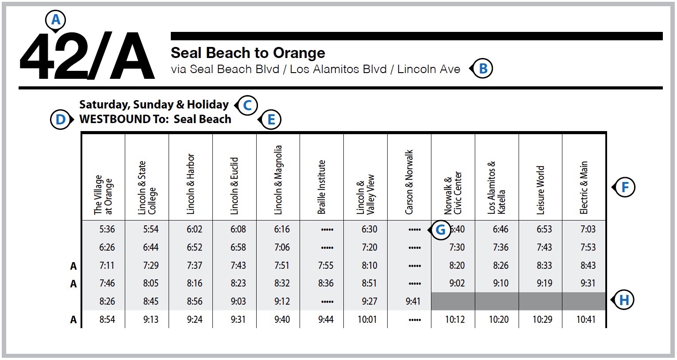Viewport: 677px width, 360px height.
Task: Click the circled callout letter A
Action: point(56,20)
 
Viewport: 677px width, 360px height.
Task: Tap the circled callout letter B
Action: point(483,69)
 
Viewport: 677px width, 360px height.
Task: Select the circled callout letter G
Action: point(440,230)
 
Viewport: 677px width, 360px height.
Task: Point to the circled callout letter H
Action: point(624,300)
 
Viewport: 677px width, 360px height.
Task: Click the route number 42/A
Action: point(87,57)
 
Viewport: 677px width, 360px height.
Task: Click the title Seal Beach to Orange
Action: point(248,53)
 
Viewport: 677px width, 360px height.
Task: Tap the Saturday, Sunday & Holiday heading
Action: point(154,105)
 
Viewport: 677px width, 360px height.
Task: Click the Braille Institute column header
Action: point(322,187)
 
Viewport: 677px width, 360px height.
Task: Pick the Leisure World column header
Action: point(540,190)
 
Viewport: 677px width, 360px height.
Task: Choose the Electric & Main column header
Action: point(584,188)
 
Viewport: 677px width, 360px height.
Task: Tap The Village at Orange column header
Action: point(103,195)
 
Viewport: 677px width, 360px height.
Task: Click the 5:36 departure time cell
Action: point(107,229)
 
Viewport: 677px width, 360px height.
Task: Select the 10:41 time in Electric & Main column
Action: point(586,320)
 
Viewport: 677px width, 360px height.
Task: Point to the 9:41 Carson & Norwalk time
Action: point(413,302)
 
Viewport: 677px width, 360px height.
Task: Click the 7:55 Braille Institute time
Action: point(326,266)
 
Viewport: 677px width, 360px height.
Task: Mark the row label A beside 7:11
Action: point(73,266)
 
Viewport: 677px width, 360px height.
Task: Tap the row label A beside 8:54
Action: point(73,320)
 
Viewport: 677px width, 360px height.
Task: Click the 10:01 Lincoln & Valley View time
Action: point(367,320)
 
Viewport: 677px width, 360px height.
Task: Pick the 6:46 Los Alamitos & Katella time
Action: point(500,229)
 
